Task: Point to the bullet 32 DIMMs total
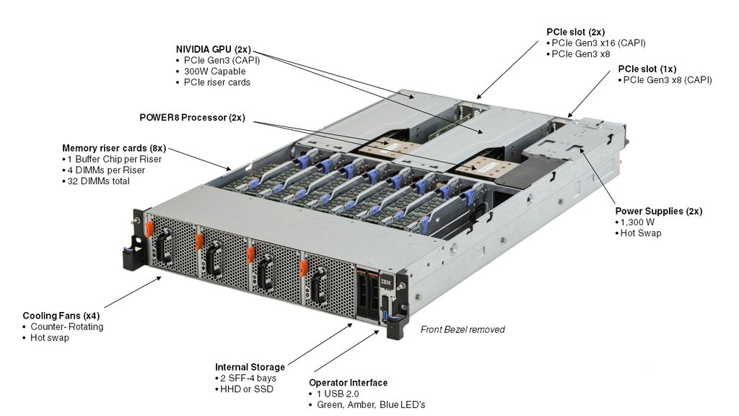pyautogui.click(x=99, y=181)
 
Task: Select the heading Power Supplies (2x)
pyautogui.click(x=658, y=211)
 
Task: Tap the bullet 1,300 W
pyautogui.click(x=639, y=222)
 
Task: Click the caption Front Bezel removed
pyautogui.click(x=463, y=329)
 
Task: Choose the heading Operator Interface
pyautogui.click(x=348, y=383)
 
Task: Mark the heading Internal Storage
pyautogui.click(x=250, y=367)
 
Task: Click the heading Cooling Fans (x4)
pyautogui.click(x=61, y=316)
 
